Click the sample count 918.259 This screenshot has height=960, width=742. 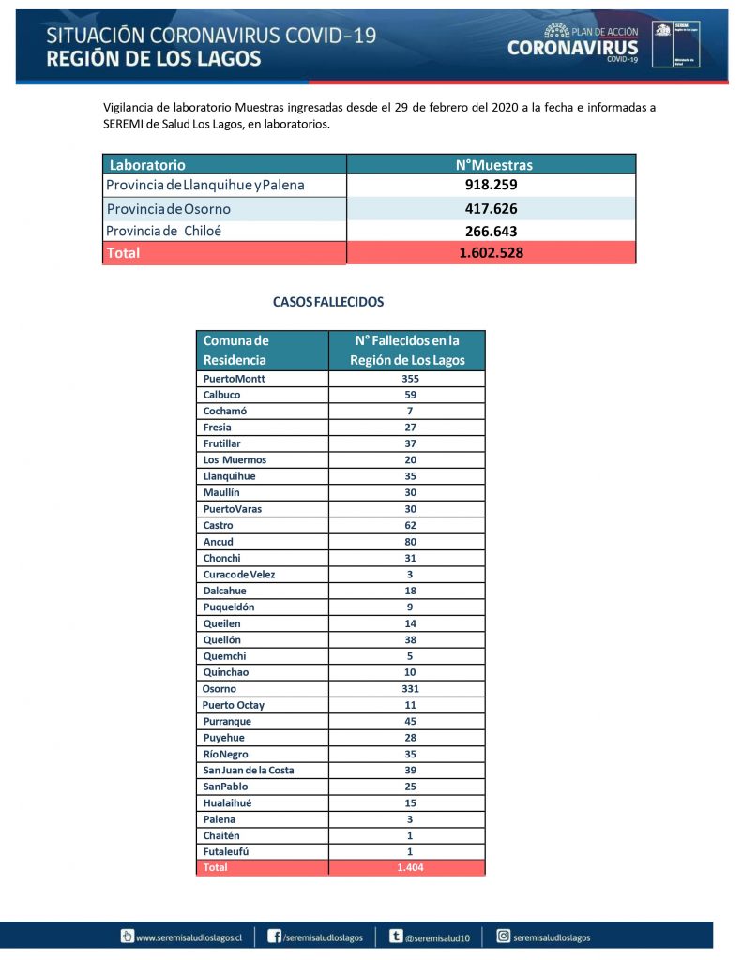tap(492, 186)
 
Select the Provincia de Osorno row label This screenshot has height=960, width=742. tap(169, 209)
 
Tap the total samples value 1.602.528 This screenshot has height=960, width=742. tap(492, 253)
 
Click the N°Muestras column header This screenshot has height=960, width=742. tap(492, 165)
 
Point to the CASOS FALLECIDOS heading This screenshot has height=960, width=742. tap(328, 302)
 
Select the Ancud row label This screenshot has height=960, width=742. tap(219, 542)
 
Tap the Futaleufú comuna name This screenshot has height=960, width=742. tap(226, 851)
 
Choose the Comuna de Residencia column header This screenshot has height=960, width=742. tap(236, 351)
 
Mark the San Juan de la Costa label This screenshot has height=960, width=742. tap(249, 770)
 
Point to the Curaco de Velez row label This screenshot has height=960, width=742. tap(239, 575)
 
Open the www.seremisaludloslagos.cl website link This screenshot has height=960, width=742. tap(189, 937)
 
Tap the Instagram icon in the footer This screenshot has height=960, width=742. tap(503, 936)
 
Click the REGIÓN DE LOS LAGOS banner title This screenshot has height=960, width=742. tap(154, 58)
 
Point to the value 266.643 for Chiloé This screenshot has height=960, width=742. tap(492, 232)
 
